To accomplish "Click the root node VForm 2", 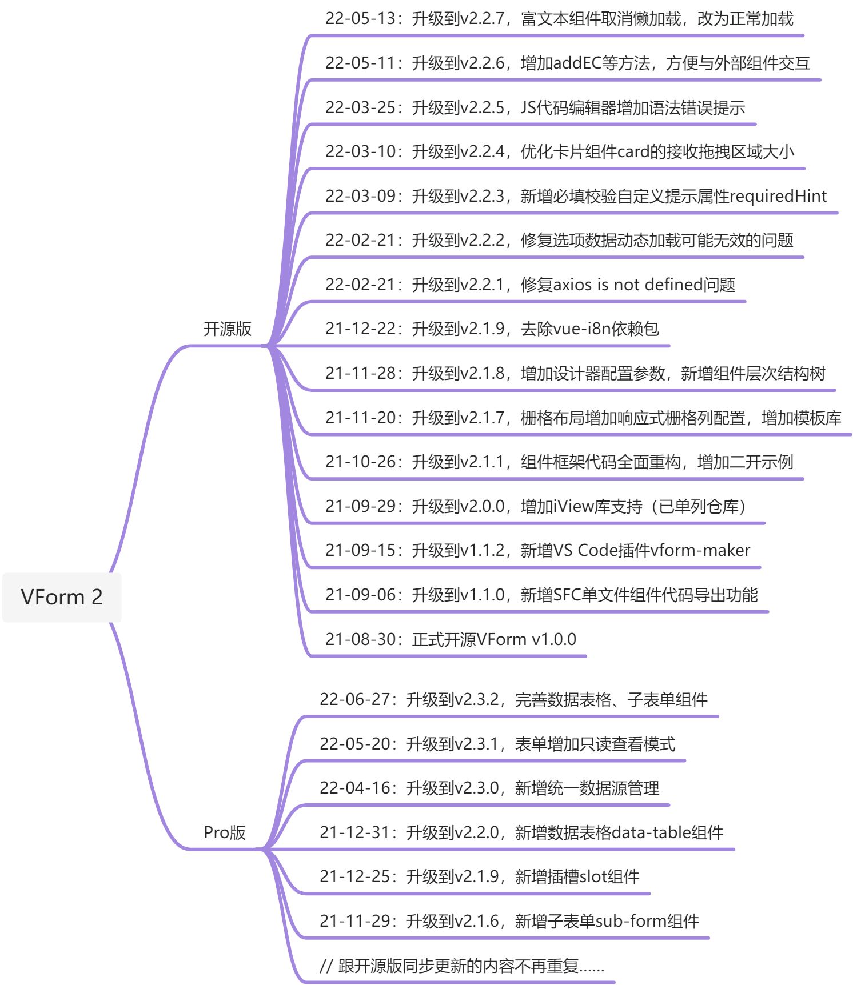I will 62,597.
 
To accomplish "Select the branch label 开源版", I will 227,329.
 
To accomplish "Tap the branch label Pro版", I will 224,832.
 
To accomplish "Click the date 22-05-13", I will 360,19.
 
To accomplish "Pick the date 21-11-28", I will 360,374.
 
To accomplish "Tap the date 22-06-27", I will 354,699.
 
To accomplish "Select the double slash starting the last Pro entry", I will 326,966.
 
